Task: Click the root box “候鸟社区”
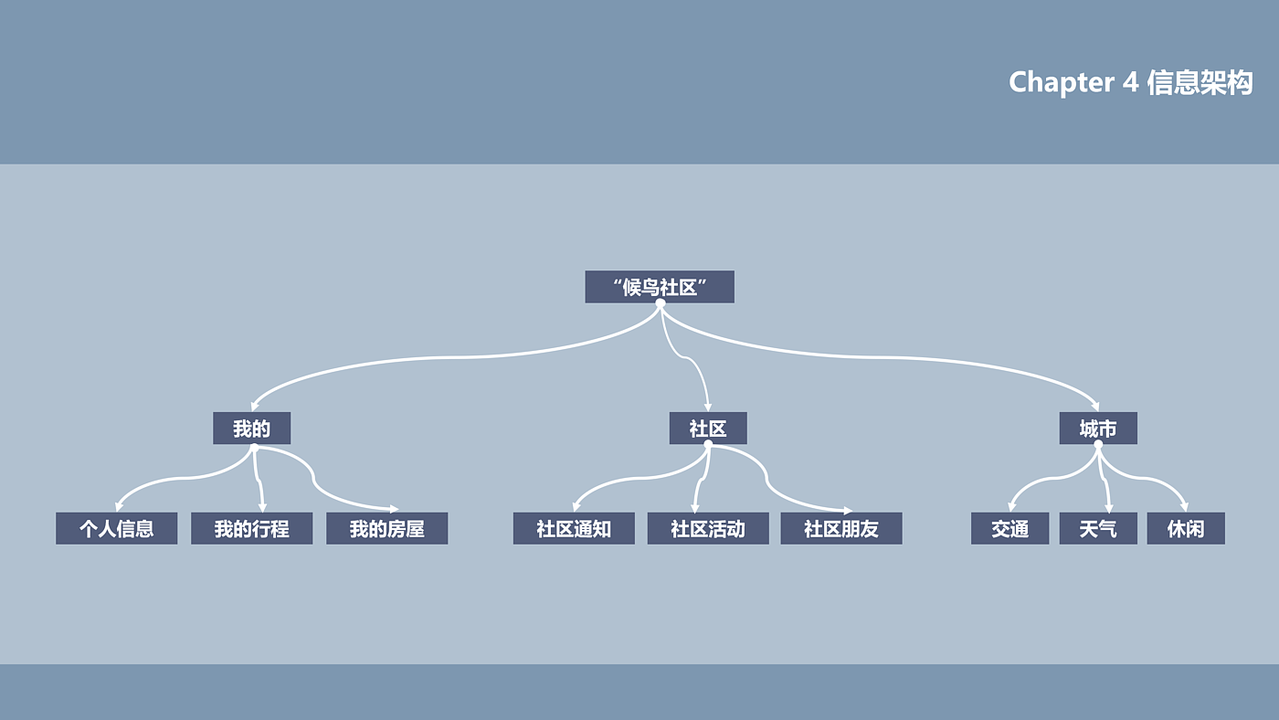[659, 287]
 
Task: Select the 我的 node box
[251, 428]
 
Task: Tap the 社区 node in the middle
[708, 428]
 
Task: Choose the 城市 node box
[1098, 428]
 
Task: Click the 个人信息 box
[116, 528]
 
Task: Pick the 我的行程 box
[251, 528]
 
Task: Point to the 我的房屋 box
[386, 528]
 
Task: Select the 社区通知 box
[574, 528]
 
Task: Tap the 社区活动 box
[708, 528]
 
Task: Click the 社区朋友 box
[841, 528]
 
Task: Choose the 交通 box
[1009, 528]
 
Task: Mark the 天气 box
[1098, 528]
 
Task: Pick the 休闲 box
[1186, 528]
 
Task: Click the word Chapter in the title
[1061, 82]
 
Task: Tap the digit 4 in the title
[1130, 82]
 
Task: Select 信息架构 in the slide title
[1200, 82]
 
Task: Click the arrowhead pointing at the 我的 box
[256, 405]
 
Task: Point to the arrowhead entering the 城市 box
[1094, 405]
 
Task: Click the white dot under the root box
[660, 303]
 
